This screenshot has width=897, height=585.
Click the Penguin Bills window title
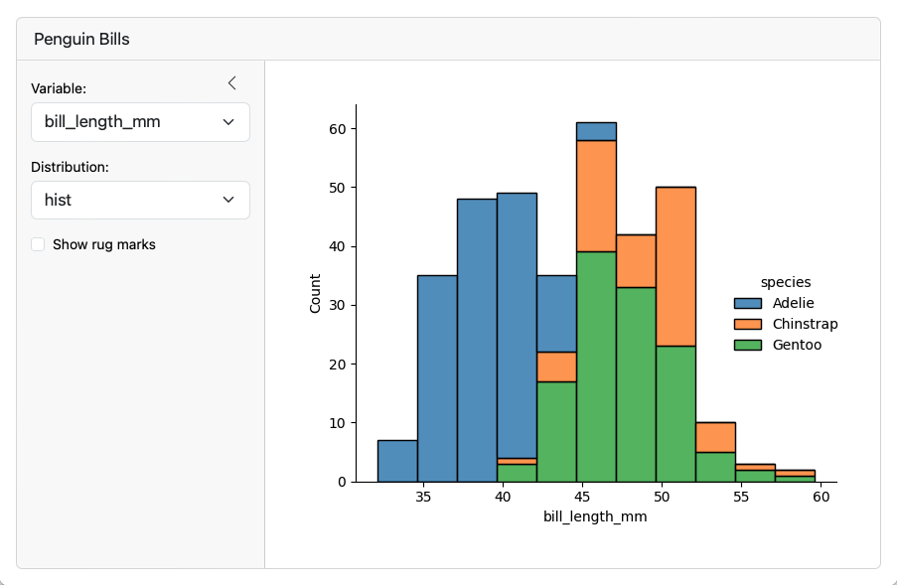[x=81, y=40]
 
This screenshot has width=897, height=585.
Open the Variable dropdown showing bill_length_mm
[x=140, y=122]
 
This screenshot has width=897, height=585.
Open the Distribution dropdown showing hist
[x=140, y=200]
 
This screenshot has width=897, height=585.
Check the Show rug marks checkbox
[x=38, y=244]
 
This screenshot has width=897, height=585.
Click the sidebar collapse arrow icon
[x=231, y=82]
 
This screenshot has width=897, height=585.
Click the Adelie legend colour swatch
[x=747, y=303]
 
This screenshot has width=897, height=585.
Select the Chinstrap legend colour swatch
[x=747, y=324]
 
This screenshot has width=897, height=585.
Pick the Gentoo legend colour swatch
[x=747, y=345]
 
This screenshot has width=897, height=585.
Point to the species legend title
[x=786, y=283]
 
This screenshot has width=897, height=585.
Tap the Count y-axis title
[x=315, y=294]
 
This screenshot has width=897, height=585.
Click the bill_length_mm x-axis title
[x=595, y=517]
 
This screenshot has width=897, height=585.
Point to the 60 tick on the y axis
[x=338, y=129]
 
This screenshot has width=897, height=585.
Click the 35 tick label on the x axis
[x=424, y=497]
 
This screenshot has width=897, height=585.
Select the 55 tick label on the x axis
[x=742, y=497]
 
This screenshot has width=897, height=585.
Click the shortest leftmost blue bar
[x=397, y=461]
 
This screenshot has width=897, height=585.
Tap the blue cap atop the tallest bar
[x=596, y=131]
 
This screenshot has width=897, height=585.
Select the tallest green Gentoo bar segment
[x=596, y=367]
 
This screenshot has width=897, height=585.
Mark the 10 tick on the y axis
[x=338, y=423]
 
